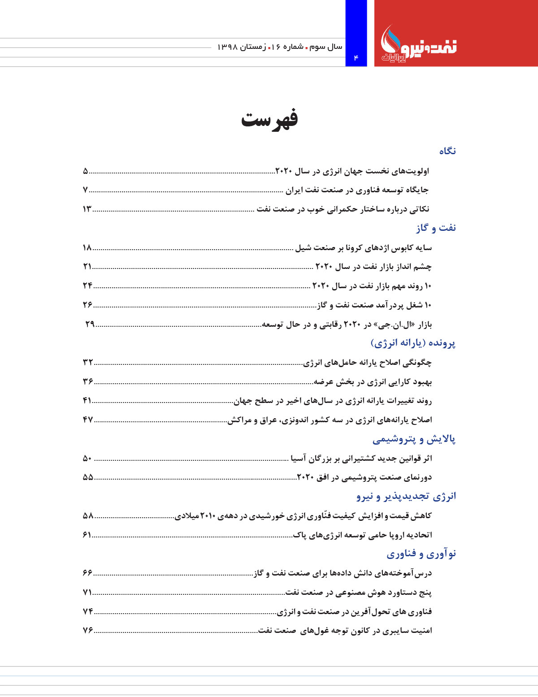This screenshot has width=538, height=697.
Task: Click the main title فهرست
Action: tap(269, 119)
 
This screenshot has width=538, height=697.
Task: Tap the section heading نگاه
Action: tap(447, 151)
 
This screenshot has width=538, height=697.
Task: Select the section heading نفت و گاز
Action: tap(436, 228)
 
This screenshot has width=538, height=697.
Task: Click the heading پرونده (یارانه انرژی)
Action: tap(413, 343)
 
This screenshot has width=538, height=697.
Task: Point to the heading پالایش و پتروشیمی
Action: tap(414, 439)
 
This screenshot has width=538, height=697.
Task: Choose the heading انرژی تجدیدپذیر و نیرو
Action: tap(406, 496)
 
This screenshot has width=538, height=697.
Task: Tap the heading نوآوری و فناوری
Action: tap(421, 554)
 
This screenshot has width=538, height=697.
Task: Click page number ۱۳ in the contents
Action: tap(87, 209)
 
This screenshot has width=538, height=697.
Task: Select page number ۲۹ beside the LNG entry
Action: tap(90, 324)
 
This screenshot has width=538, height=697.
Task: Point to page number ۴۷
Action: tap(88, 420)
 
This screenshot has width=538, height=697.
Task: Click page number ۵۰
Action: tap(87, 458)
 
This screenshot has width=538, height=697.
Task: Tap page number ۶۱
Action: tap(87, 535)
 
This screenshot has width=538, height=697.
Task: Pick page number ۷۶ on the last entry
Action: tap(88, 631)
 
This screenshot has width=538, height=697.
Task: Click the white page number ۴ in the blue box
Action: tap(356, 58)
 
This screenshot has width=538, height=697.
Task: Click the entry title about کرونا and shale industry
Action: tap(363, 248)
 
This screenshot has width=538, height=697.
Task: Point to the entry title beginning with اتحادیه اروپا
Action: tap(362, 535)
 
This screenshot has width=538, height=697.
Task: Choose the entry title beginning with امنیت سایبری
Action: tap(345, 631)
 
